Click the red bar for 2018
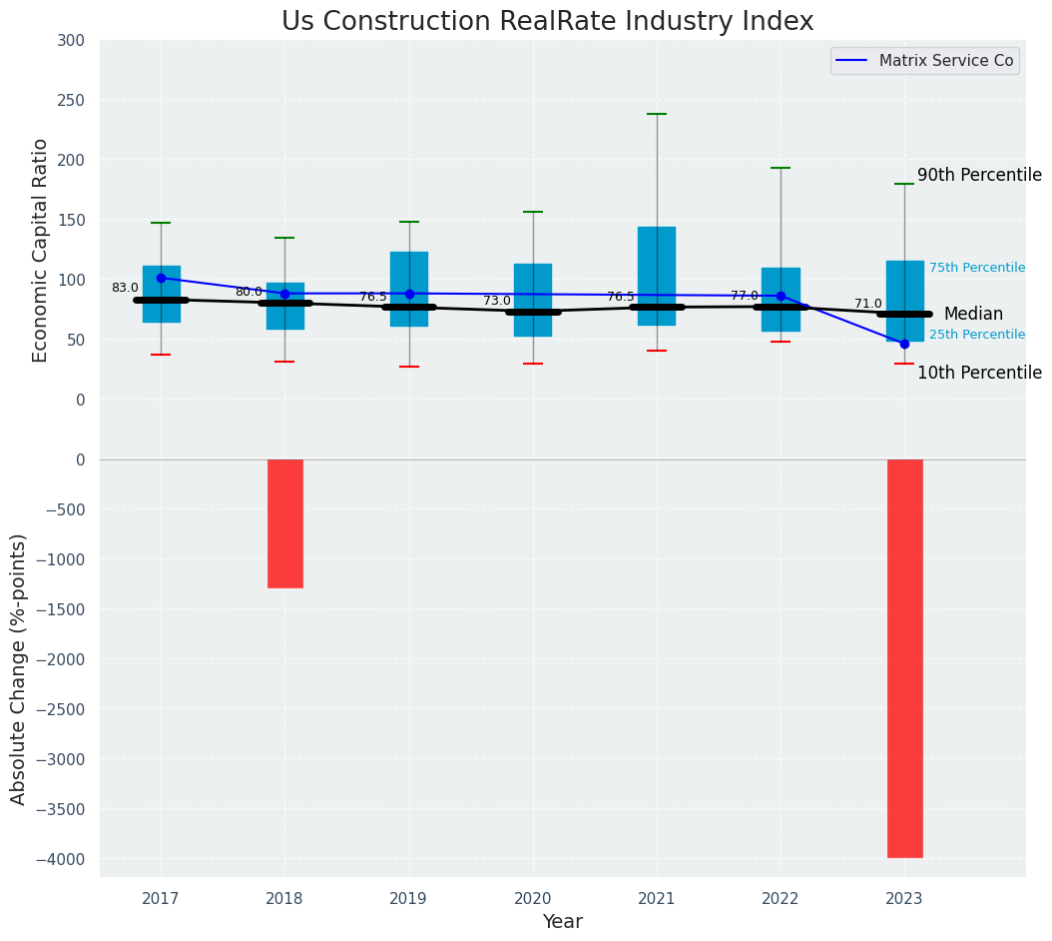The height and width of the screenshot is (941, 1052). pos(284,523)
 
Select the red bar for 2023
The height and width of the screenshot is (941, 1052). pos(904,657)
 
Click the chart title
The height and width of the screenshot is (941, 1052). pos(547,22)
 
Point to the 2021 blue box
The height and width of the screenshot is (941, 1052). pos(657,276)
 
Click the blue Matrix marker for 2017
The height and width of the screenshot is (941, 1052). pos(161,279)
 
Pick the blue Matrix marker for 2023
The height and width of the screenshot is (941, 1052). pos(904,344)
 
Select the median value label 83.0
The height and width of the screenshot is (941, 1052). pos(125,288)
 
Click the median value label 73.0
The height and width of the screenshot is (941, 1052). pos(497,301)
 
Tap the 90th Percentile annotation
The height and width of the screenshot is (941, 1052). pos(979,175)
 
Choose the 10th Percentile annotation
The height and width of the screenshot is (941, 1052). pos(979,373)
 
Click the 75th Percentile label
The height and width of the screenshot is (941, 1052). pos(977,268)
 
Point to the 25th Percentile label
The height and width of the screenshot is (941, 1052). pos(977,335)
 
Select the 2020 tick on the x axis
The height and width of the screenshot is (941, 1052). pos(532,899)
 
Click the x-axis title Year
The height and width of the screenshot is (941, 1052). pos(562,922)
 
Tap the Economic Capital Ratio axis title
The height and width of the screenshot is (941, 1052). pos(41,250)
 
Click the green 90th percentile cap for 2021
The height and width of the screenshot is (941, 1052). pos(657,114)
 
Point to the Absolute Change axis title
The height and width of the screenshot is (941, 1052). pos(19,668)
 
